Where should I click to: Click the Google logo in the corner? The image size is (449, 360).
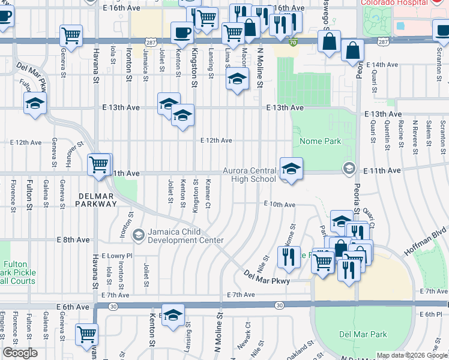[x=20, y=353]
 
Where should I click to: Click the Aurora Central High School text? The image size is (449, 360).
[x=250, y=175]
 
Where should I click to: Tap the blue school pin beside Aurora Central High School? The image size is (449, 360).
[x=291, y=170]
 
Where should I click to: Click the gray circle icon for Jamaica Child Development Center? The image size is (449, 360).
[x=139, y=234]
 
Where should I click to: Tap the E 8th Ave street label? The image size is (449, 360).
[x=73, y=239]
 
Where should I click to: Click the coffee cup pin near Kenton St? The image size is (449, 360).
[x=182, y=33]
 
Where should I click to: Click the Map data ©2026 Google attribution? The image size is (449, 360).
[x=412, y=355]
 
